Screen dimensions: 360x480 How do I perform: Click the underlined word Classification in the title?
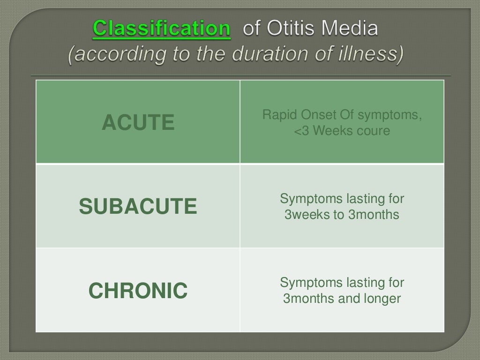coord(162,29)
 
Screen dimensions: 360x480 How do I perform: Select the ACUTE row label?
coord(138,123)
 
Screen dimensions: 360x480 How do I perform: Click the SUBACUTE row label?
coord(138,207)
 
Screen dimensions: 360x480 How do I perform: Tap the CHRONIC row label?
coord(138,291)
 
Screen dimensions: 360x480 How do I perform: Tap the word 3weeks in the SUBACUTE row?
coord(304,215)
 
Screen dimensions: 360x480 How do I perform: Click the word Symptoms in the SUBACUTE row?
coord(311,199)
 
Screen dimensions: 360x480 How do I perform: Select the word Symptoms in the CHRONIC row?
coord(311,283)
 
